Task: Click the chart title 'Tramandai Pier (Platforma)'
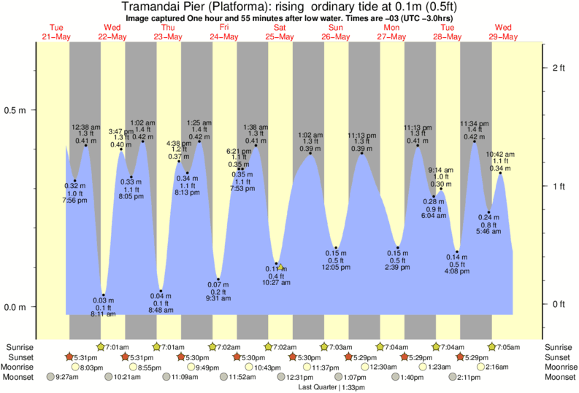197,7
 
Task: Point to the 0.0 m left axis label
17,307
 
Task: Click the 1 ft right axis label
559,186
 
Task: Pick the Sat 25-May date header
279,32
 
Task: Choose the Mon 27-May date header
391,32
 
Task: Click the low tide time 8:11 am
103,314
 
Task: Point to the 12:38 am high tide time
85,128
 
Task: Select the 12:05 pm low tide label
336,268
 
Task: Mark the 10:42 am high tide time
500,155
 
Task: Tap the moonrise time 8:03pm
90,367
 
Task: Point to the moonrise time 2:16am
497,367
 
